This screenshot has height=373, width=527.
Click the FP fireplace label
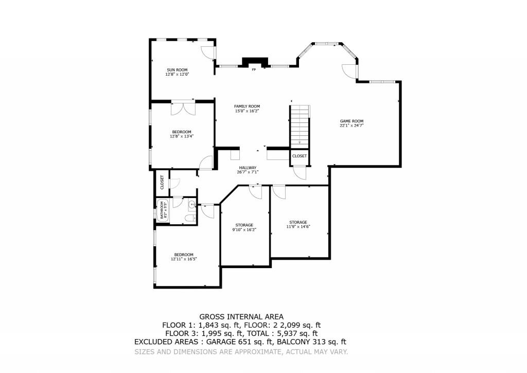point(253,69)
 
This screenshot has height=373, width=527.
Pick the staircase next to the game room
point(300,126)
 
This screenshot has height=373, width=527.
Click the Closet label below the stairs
point(300,156)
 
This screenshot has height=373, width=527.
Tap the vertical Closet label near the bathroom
point(162,182)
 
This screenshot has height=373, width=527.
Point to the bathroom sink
point(192,205)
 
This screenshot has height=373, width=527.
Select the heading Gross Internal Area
point(241,316)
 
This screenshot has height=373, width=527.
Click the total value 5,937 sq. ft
point(295,333)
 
